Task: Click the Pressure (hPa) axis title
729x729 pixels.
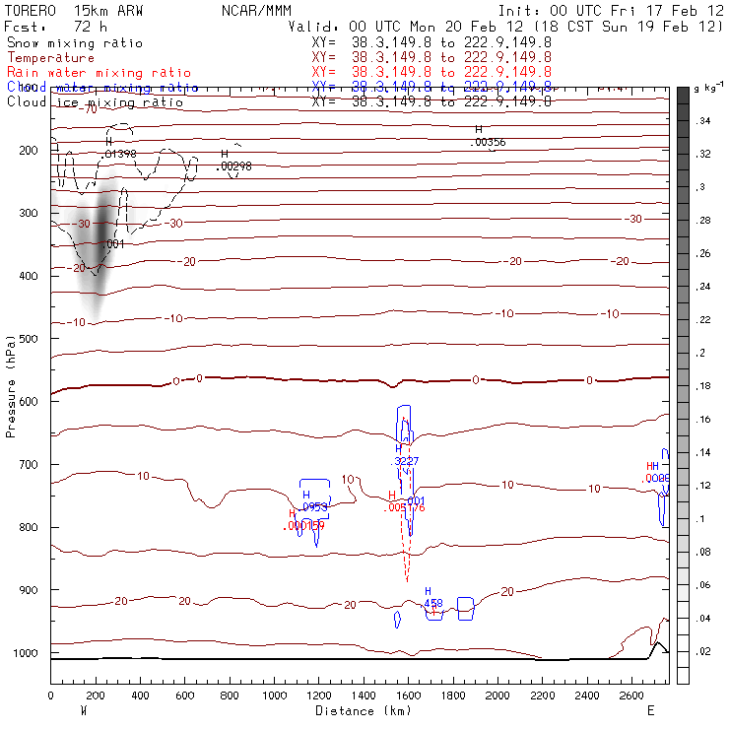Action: (x=12, y=385)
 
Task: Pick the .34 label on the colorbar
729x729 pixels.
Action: (x=704, y=120)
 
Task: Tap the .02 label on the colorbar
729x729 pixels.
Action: (x=704, y=652)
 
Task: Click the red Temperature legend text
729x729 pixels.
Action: (x=50, y=58)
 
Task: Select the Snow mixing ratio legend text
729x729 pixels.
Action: (x=74, y=43)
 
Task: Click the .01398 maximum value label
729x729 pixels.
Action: (x=119, y=154)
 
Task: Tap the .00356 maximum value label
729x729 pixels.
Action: (x=488, y=143)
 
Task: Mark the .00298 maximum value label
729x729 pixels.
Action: (x=233, y=166)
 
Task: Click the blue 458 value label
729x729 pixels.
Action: (x=432, y=602)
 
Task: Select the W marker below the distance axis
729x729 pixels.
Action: (x=84, y=710)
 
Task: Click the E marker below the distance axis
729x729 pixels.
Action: (x=650, y=710)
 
